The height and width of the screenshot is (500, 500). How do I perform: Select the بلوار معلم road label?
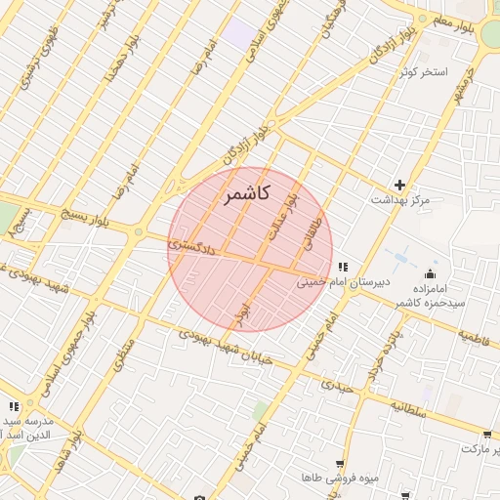tap(456, 20)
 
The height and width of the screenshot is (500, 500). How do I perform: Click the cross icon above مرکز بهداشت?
tap(399, 185)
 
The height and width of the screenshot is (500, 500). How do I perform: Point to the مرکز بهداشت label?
tap(399, 200)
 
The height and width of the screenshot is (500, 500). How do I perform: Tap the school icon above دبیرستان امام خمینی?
tap(342, 267)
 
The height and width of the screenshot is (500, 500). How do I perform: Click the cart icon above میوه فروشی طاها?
tap(339, 464)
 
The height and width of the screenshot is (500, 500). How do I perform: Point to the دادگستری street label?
tap(191, 245)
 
